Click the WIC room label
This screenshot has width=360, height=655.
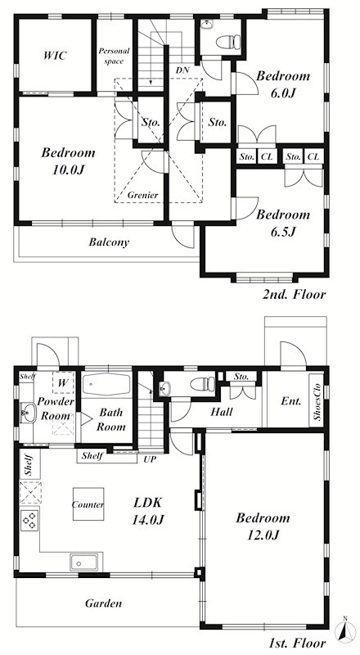coord(55,56)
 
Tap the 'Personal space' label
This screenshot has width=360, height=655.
coord(114,56)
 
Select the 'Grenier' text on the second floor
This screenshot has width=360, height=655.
coord(143,195)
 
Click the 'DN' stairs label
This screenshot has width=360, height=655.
coord(182,70)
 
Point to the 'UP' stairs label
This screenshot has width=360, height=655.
coord(149,459)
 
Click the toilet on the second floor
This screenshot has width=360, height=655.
coord(228,42)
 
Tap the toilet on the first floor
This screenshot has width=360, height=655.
coord(203,384)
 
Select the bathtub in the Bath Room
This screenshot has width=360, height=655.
coord(106,384)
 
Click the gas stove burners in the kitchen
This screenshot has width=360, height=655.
coord(29,521)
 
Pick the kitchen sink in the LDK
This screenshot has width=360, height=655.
coord(84,562)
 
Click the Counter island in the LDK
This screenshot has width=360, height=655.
coord(88,504)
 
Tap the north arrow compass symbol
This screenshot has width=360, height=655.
coord(344,630)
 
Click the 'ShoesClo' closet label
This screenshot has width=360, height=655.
coord(316,401)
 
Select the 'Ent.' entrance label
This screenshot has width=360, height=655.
coord(291,401)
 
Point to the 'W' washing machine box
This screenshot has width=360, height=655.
coord(63,382)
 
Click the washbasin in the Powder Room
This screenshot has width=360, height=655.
coord(28,413)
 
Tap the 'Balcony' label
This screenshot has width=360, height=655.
coord(109,242)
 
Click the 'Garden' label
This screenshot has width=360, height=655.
coord(104,603)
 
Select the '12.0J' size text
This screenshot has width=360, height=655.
coord(263,535)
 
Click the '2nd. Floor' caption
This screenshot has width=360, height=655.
coord(294,294)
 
